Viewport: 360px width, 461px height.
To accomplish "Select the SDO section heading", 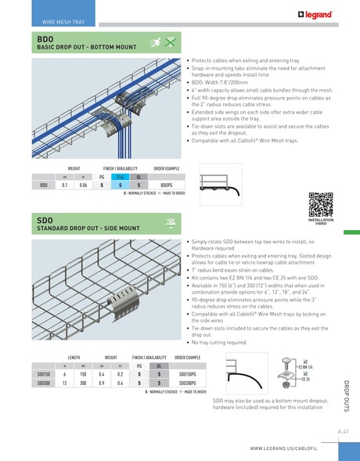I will pyautogui.click(x=45, y=221).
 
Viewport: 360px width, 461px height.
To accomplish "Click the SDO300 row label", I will pyautogui.click(x=44, y=383).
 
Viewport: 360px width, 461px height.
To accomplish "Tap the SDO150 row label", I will pyautogui.click(x=44, y=374).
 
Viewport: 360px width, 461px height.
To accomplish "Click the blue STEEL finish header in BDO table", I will pyautogui.click(x=120, y=177).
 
